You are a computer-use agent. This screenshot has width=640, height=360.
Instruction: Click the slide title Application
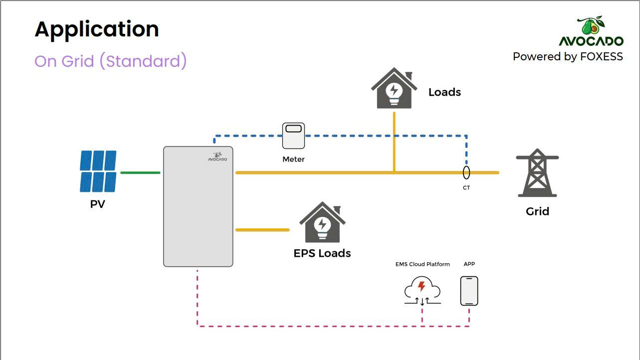[97, 30]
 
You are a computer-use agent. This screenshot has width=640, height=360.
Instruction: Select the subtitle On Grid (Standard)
[110, 61]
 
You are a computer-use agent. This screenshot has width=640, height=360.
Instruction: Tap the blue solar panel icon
[98, 172]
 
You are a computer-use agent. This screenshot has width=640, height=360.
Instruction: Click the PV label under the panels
[97, 204]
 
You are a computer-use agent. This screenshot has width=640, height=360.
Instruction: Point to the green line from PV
[140, 173]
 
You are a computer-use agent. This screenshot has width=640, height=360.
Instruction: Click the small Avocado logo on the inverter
[217, 157]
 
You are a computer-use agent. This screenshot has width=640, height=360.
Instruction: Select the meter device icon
[293, 136]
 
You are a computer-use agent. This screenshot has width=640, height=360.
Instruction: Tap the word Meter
[293, 159]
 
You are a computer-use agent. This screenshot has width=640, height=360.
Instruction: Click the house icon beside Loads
[394, 88]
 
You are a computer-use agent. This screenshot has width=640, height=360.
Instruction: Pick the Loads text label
[444, 92]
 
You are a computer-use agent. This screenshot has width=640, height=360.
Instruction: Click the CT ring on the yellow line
[466, 166]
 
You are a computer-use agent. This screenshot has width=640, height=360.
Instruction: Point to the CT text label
[466, 187]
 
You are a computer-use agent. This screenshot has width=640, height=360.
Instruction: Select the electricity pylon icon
[537, 173]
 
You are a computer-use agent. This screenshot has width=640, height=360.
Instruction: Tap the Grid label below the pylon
[537, 211]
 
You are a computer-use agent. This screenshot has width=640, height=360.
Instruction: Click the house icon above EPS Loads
[322, 222]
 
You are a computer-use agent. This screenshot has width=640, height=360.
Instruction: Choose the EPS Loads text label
[322, 253]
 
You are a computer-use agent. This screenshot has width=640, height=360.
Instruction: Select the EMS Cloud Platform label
[423, 264]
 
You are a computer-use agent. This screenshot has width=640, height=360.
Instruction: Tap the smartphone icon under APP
[469, 291]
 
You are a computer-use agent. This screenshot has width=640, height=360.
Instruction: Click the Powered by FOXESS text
[568, 57]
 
